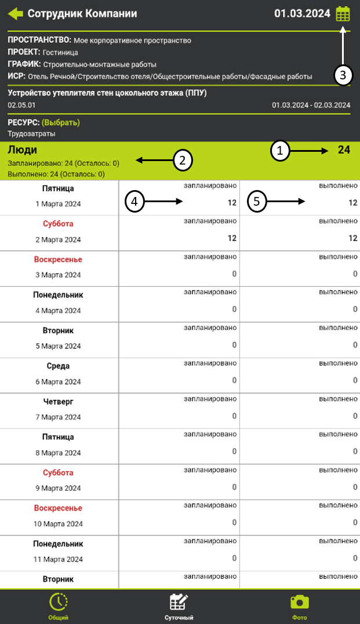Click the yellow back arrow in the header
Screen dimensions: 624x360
(16, 13)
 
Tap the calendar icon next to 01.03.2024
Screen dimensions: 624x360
(343, 13)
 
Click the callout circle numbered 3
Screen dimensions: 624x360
(343, 75)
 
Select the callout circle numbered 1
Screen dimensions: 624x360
(281, 151)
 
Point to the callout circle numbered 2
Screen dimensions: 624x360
(183, 160)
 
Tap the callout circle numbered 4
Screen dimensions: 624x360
(134, 202)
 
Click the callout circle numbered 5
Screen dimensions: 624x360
(257, 202)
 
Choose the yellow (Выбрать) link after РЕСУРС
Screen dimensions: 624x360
(60, 122)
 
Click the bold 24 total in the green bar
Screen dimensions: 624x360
(344, 150)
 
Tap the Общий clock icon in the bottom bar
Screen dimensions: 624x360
(58, 602)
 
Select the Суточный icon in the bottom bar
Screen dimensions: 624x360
(179, 602)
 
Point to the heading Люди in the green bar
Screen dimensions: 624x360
(22, 149)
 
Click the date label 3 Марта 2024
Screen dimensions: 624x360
(58, 275)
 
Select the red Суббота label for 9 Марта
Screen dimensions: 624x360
(58, 473)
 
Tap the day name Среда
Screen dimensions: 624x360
(58, 366)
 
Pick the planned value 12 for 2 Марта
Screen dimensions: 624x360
(232, 238)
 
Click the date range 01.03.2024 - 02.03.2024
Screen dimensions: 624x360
(311, 105)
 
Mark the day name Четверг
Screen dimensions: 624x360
(58, 402)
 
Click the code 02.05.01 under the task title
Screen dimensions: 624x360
(21, 105)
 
